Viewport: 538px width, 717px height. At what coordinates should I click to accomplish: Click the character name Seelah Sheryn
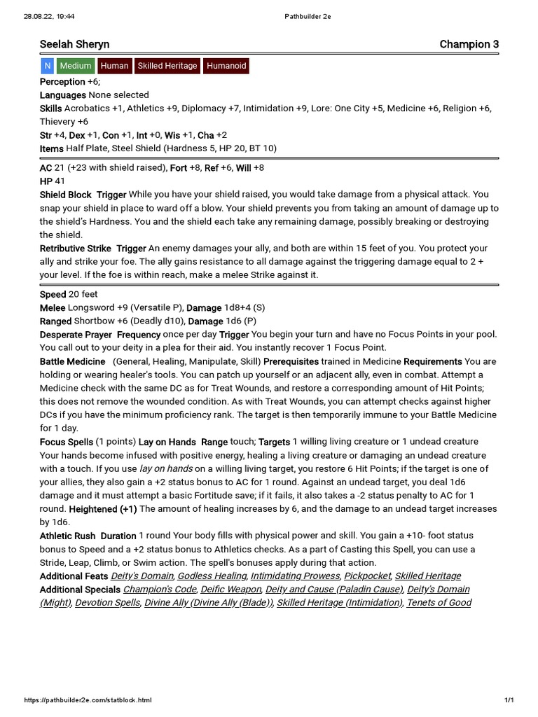pyautogui.click(x=74, y=44)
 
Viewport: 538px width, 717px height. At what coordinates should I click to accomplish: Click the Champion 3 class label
pyautogui.click(x=469, y=44)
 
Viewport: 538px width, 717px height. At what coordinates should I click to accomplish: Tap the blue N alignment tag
pyautogui.click(x=47, y=66)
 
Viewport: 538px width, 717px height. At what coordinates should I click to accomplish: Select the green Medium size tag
pyautogui.click(x=76, y=66)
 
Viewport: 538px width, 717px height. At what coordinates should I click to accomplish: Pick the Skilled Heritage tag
pyautogui.click(x=167, y=66)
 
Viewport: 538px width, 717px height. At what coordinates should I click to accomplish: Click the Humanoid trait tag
pyautogui.click(x=226, y=66)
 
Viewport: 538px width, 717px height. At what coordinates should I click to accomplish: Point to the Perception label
pyautogui.click(x=62, y=82)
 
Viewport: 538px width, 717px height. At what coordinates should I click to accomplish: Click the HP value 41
pyautogui.click(x=60, y=181)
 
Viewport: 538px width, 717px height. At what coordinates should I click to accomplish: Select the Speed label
pyautogui.click(x=53, y=294)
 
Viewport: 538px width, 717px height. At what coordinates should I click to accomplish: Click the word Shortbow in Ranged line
pyautogui.click(x=92, y=321)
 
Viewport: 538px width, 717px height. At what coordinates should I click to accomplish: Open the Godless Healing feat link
pyautogui.click(x=212, y=576)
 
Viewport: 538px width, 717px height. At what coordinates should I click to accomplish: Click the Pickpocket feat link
pyautogui.click(x=368, y=576)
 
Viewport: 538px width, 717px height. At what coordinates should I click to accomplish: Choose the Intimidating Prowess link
pyautogui.click(x=296, y=576)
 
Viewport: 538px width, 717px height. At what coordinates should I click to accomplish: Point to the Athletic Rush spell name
pyautogui.click(x=69, y=536)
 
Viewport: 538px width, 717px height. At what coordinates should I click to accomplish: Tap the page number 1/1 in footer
pyautogui.click(x=509, y=700)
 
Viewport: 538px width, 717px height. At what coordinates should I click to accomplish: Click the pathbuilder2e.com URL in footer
pyautogui.click(x=88, y=700)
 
